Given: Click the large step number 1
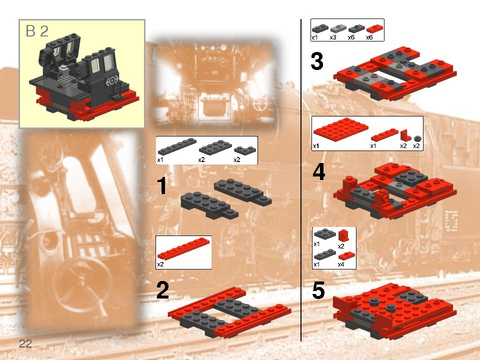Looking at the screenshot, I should [161, 186].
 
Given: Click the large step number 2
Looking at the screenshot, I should [162, 290].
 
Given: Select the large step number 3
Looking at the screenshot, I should [316, 62].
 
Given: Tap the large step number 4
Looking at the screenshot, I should [318, 172].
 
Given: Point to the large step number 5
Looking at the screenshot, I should [318, 290].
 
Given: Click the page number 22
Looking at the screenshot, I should [25, 343].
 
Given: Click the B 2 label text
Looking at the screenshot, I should [37, 31].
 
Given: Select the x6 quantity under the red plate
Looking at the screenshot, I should [369, 37].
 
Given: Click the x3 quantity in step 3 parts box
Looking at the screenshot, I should [333, 37].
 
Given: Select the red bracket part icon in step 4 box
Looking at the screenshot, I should [404, 134].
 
